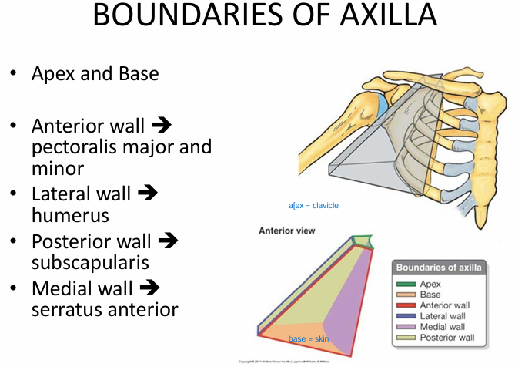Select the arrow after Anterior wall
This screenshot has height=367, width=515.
coord(161,126)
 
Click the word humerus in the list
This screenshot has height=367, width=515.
coord(70,215)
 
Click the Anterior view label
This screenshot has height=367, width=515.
coord(287,231)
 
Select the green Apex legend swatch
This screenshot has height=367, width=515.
coord(406,284)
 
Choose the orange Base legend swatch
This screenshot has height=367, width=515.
coord(406,295)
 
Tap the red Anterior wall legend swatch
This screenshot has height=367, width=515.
coord(406,305)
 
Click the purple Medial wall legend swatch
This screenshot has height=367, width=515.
coord(406,327)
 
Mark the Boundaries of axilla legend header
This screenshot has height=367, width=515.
coord(439,268)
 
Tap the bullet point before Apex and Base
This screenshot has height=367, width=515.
coord(13,74)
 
